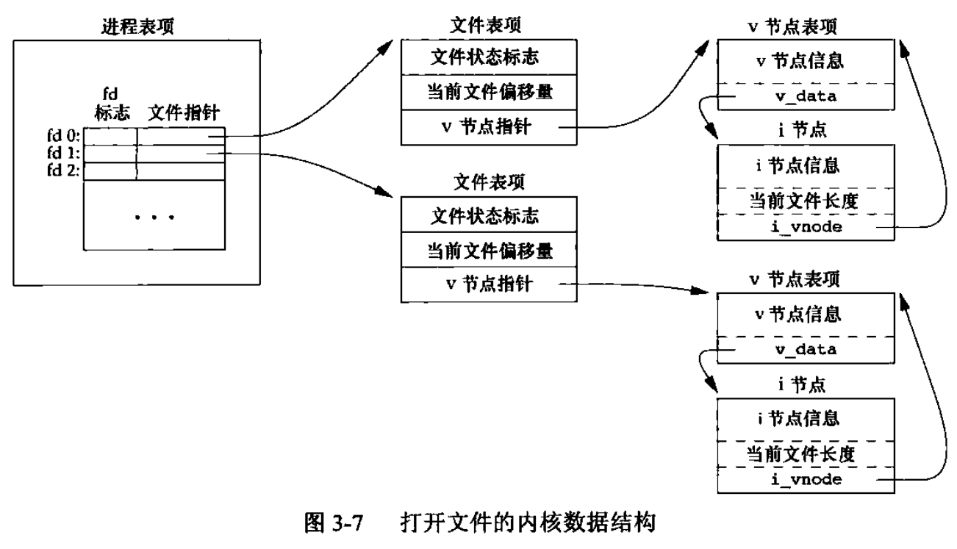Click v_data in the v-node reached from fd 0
808,97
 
